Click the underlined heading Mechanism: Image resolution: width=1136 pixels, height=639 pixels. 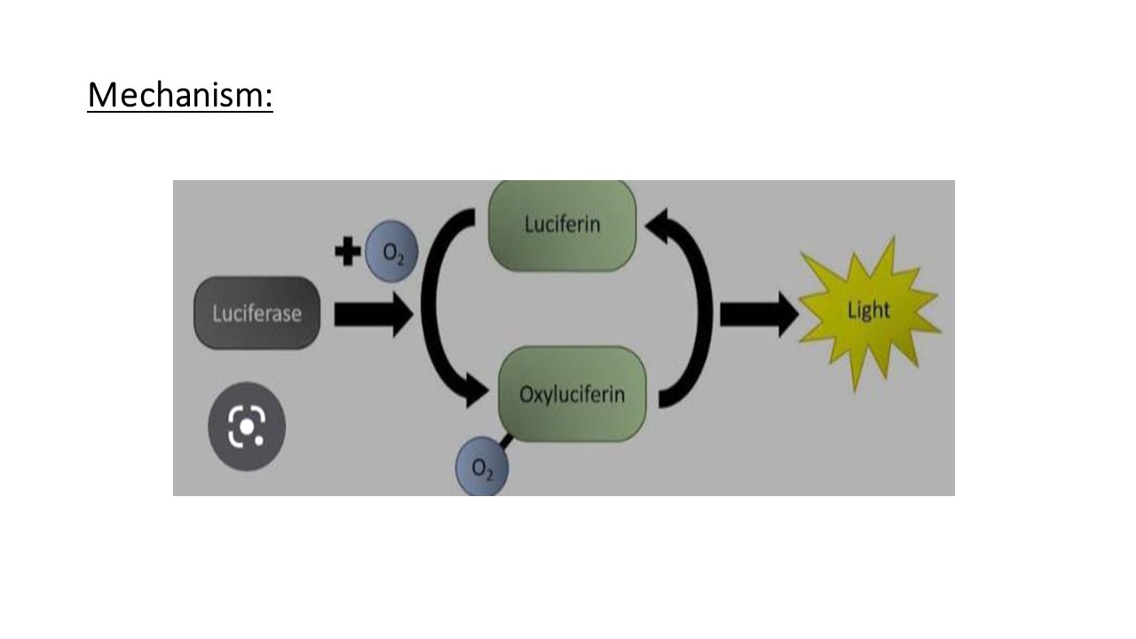pyautogui.click(x=180, y=95)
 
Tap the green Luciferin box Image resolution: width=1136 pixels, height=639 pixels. pyautogui.click(x=562, y=225)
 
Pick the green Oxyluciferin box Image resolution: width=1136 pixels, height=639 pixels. pyautogui.click(x=572, y=394)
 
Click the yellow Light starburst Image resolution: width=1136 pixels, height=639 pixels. pyautogui.click(x=869, y=312)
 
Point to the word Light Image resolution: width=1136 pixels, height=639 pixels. pyautogui.click(x=869, y=311)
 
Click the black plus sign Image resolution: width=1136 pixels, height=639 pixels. pyautogui.click(x=347, y=252)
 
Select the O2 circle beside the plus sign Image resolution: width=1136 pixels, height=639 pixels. pyautogui.click(x=391, y=252)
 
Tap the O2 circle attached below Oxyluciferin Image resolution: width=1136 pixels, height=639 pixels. pyautogui.click(x=482, y=469)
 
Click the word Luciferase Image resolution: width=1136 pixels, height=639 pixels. pyautogui.click(x=256, y=314)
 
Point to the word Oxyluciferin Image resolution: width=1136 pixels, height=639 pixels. pyautogui.click(x=572, y=394)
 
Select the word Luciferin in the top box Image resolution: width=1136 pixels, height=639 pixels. pyautogui.click(x=562, y=224)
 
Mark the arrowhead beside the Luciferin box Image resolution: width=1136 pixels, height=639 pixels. pyautogui.click(x=658, y=229)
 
